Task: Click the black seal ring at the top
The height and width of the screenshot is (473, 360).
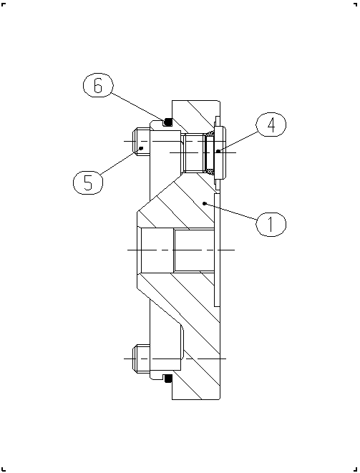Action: tap(167, 122)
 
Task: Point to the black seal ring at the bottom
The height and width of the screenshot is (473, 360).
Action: tap(167, 379)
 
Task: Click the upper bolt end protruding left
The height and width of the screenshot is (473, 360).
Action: tap(141, 141)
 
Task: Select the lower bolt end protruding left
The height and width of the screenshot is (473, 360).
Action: tap(141, 359)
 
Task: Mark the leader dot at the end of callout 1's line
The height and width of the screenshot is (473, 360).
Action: tap(205, 203)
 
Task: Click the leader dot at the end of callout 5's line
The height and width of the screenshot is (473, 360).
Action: tap(141, 148)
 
